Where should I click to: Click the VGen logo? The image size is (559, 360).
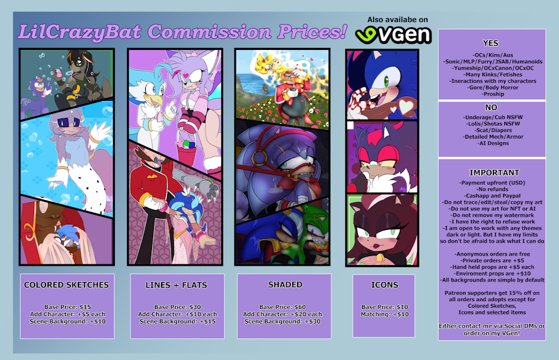[x=393, y=35]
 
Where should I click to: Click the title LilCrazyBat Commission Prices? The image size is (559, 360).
[x=182, y=32]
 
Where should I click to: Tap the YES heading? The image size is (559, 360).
[x=490, y=43]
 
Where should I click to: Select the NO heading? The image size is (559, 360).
[x=491, y=108]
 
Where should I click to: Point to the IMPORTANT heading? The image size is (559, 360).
[x=494, y=173]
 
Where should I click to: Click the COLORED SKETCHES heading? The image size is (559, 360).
[x=66, y=285]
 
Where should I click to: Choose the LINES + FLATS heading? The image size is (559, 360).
[x=176, y=285]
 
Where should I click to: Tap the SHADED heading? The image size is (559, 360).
[x=285, y=285]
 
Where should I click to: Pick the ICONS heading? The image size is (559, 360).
[x=384, y=285]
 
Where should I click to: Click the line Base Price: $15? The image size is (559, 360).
[x=67, y=307]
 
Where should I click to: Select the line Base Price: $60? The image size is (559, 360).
[x=283, y=307]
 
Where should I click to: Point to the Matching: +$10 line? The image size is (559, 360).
[x=385, y=314]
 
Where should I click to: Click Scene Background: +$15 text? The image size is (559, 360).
[x=177, y=322]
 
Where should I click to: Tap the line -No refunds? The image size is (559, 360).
[x=493, y=189]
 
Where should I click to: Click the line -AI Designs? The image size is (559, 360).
[x=493, y=143]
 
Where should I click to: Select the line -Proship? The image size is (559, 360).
[x=493, y=94]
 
